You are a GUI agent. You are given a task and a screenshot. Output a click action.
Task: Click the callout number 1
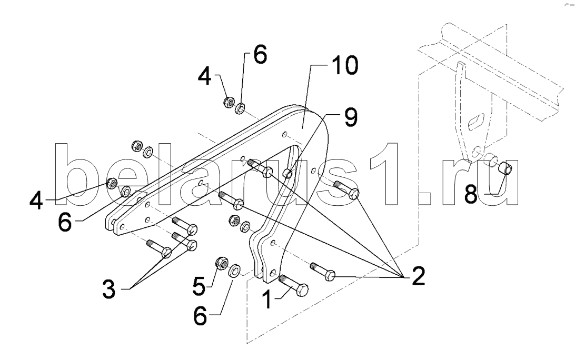click(267, 299)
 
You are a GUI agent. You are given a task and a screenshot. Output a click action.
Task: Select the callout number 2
click(418, 276)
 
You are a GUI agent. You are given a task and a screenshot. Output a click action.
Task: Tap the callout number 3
click(109, 289)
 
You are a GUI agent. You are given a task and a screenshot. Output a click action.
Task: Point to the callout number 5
click(199, 286)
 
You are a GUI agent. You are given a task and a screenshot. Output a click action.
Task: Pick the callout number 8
click(471, 194)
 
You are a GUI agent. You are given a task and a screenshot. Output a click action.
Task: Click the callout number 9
click(350, 117)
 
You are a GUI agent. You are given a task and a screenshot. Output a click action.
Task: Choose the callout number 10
click(345, 66)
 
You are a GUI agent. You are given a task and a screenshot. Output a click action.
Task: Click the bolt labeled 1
click(294, 285)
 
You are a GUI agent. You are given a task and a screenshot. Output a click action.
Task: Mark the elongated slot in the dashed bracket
click(477, 122)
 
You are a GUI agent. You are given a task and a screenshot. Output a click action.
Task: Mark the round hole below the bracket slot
click(476, 150)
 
